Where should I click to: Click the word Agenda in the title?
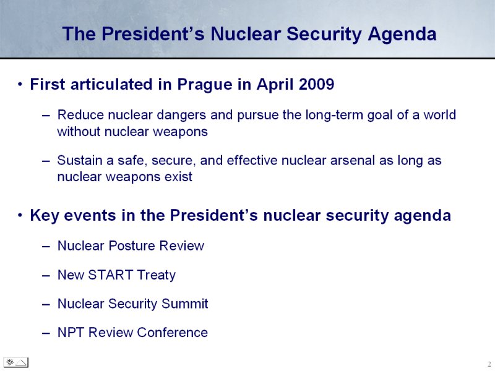click(402, 34)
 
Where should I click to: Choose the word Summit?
click(184, 304)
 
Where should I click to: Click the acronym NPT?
click(71, 333)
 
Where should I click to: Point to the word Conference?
click(172, 333)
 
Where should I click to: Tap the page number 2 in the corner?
click(489, 364)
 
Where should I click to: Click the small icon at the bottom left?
click(16, 362)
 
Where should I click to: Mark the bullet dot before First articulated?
click(20, 85)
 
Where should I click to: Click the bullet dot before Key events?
click(20, 216)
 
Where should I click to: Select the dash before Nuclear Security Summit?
click(46, 305)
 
